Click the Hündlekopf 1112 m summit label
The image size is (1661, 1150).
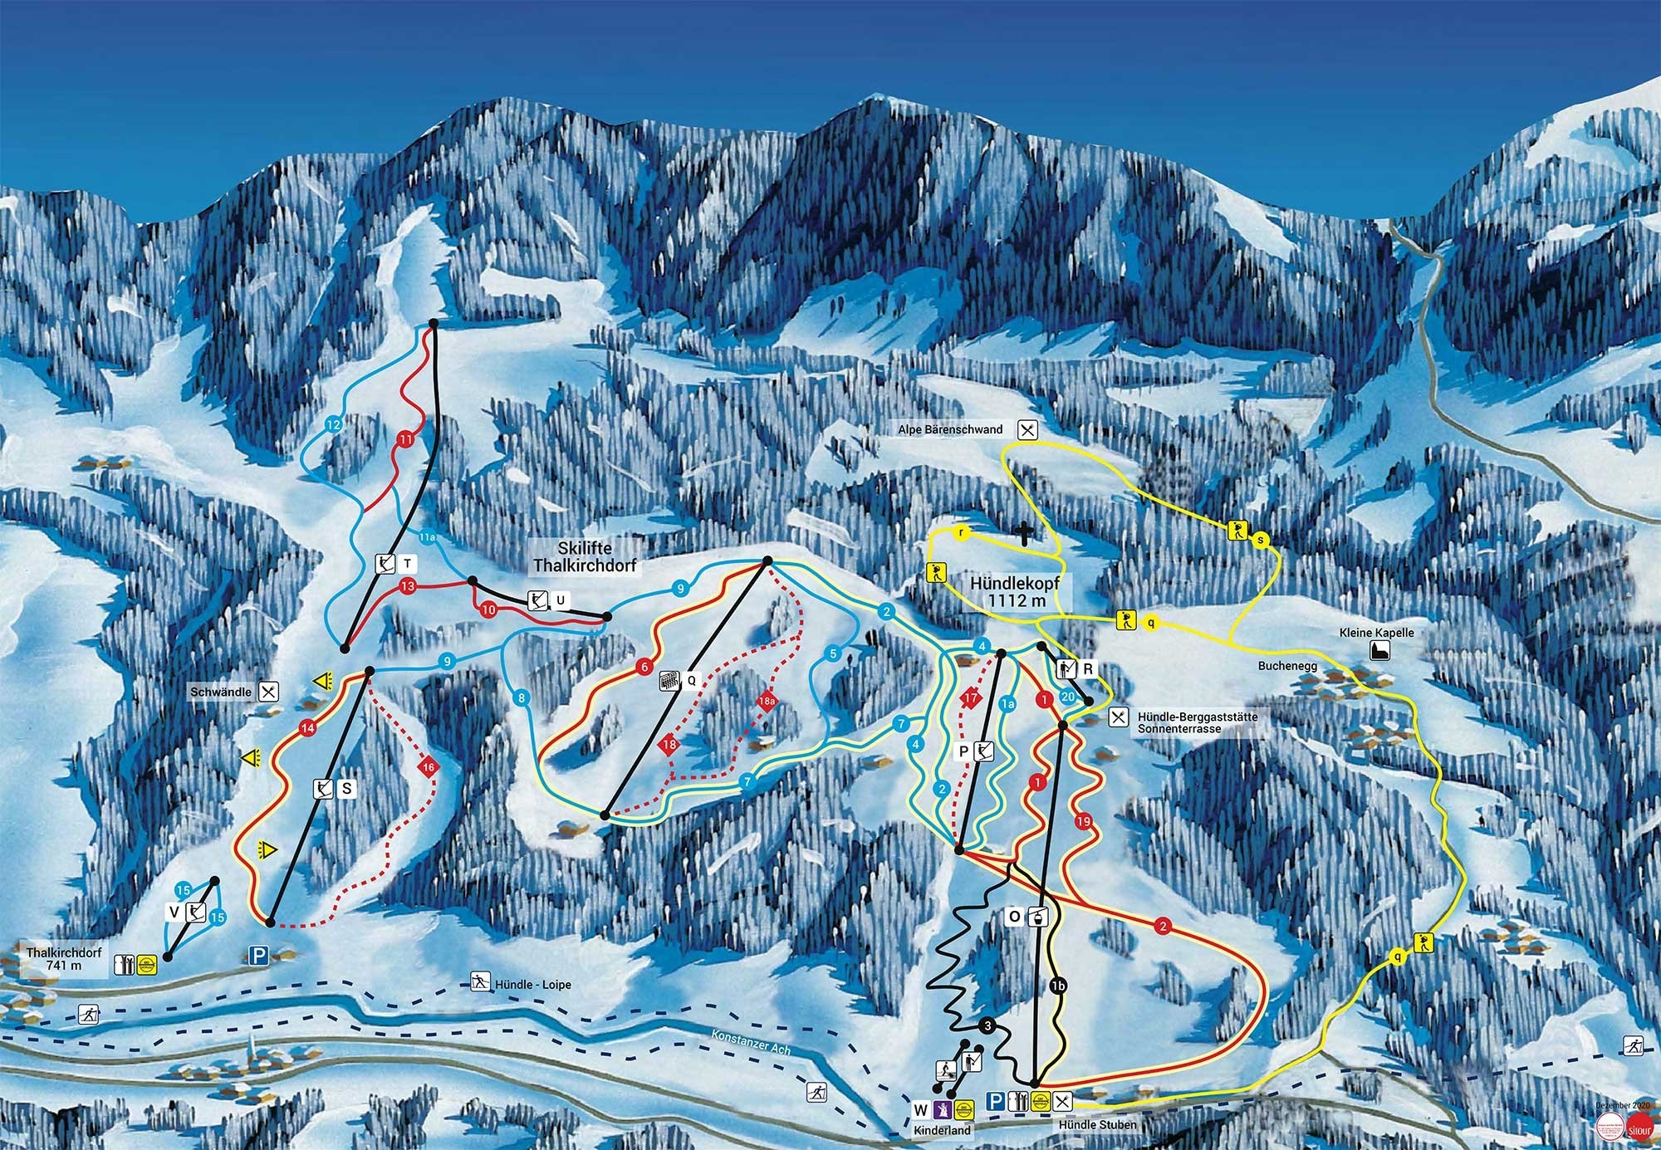tap(1015, 592)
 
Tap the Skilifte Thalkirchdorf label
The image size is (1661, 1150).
tap(585, 557)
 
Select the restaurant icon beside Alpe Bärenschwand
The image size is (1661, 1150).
tap(1028, 430)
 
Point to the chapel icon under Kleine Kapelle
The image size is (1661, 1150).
tap(1379, 651)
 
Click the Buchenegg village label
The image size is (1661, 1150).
tap(1287, 666)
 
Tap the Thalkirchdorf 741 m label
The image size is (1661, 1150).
tap(64, 959)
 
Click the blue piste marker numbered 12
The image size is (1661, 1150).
tap(334, 425)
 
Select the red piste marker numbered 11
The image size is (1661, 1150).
tap(405, 438)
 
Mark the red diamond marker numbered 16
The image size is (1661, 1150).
tap(429, 767)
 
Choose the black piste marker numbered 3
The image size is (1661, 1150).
tap(987, 1026)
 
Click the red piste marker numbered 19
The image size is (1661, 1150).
tap(1083, 822)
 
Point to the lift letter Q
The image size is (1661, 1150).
tap(691, 682)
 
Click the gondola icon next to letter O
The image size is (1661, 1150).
tap(1036, 917)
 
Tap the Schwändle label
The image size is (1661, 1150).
tap(220, 692)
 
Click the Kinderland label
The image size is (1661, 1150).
tap(942, 1131)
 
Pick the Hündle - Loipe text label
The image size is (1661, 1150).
tap(533, 985)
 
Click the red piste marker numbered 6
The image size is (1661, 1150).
tap(644, 667)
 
